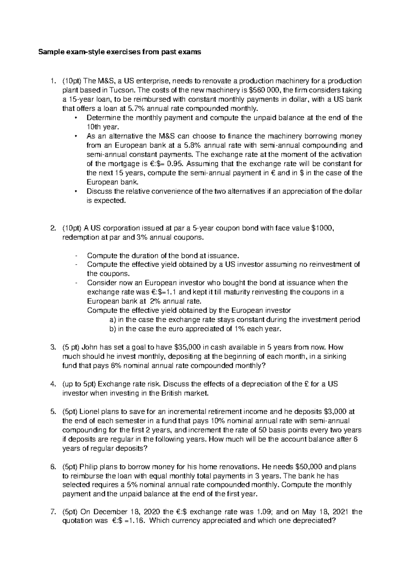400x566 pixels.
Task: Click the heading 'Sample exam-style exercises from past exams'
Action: point(120,52)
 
